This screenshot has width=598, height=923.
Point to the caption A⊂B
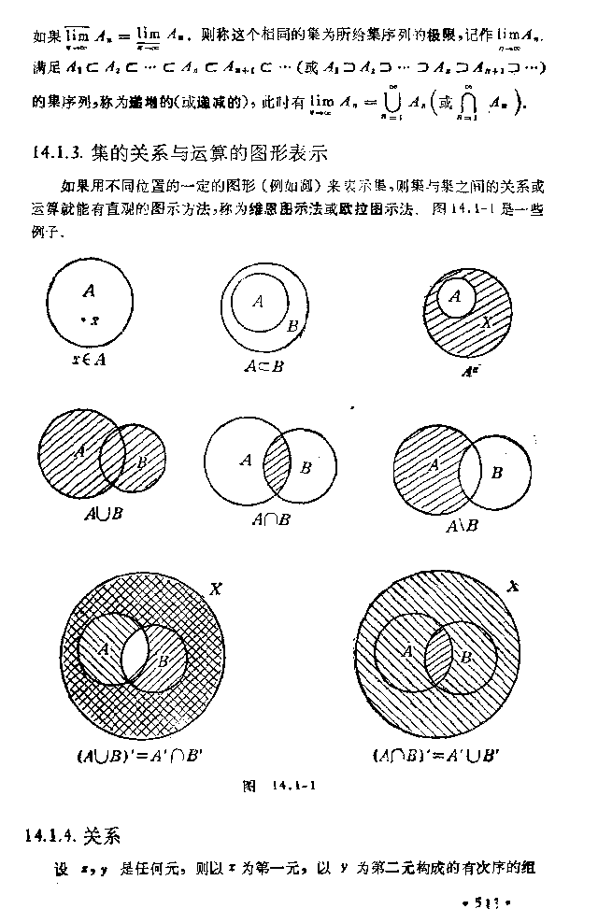263,366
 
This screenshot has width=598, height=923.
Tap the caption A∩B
270,519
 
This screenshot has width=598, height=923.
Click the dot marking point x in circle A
83,321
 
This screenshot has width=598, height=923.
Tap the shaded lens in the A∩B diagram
278,464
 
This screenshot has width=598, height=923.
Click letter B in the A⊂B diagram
292,326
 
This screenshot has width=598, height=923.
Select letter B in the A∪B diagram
142,461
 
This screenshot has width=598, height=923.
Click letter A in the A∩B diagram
245,460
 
